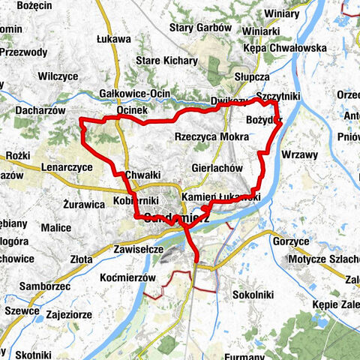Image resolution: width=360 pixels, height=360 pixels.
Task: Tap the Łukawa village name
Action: pos(114,39)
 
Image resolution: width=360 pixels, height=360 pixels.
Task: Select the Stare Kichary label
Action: pos(166,61)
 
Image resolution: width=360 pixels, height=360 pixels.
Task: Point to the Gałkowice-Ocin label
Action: pos(134,94)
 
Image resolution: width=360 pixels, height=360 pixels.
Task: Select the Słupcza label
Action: pos(251,77)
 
